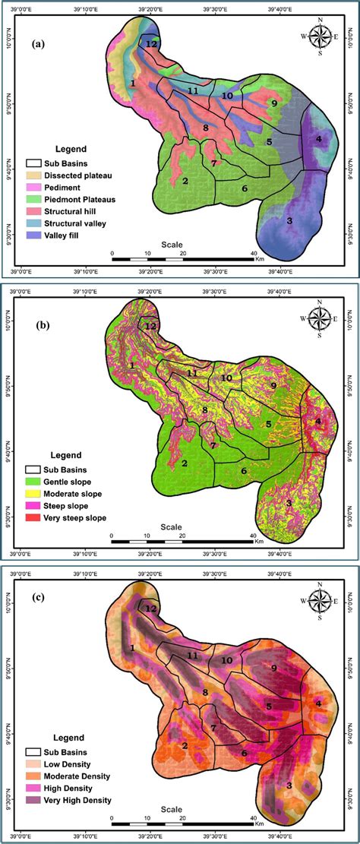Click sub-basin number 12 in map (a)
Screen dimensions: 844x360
(151, 45)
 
